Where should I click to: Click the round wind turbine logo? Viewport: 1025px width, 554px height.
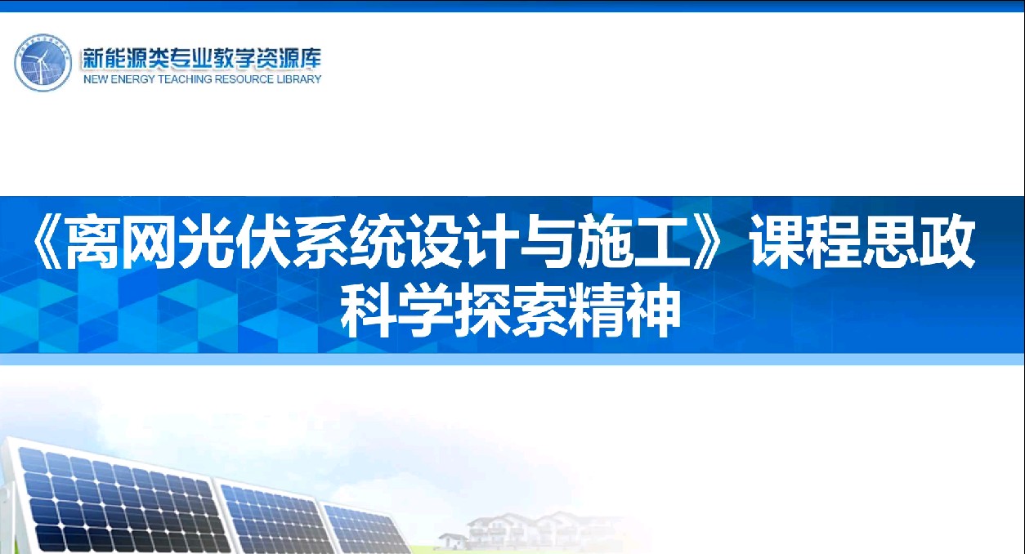[x=43, y=63]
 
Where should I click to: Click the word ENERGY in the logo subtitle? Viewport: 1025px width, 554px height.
[x=132, y=79]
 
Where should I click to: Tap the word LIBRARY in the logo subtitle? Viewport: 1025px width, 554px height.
[x=299, y=79]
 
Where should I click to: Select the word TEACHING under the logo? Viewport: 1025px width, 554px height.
[x=186, y=79]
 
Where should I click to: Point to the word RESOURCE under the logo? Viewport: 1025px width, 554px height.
[x=244, y=79]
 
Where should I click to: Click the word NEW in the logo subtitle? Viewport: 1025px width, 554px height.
[x=96, y=79]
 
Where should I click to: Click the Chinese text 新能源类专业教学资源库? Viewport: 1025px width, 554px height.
[x=202, y=59]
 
